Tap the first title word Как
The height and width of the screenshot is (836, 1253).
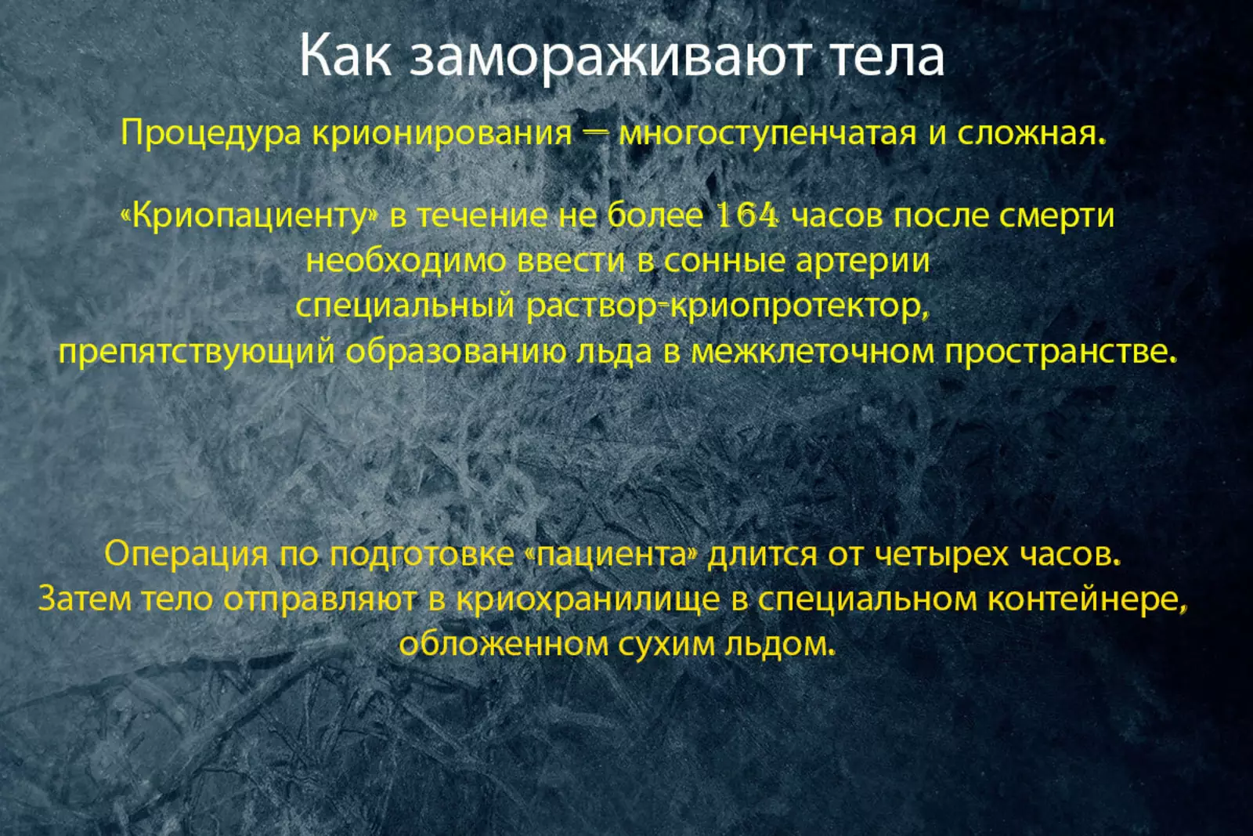pos(345,55)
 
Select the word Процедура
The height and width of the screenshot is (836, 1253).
pos(211,134)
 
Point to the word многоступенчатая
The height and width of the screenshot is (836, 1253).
pos(767,134)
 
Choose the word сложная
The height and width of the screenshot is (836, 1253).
pos(1031,133)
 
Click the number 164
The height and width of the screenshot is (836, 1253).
pos(748,215)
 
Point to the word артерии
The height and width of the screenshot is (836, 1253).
pos(862,262)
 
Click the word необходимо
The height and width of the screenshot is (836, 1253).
pos(406,261)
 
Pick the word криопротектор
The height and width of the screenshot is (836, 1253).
pos(796,307)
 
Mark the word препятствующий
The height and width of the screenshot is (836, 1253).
pos(197,353)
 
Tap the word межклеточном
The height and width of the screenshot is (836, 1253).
pos(812,352)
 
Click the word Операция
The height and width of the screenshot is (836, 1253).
pos(186,555)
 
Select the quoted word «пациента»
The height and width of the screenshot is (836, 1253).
pos(612,556)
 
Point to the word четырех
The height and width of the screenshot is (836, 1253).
pos(941,556)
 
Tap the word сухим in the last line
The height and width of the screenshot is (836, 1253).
pos(666,645)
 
